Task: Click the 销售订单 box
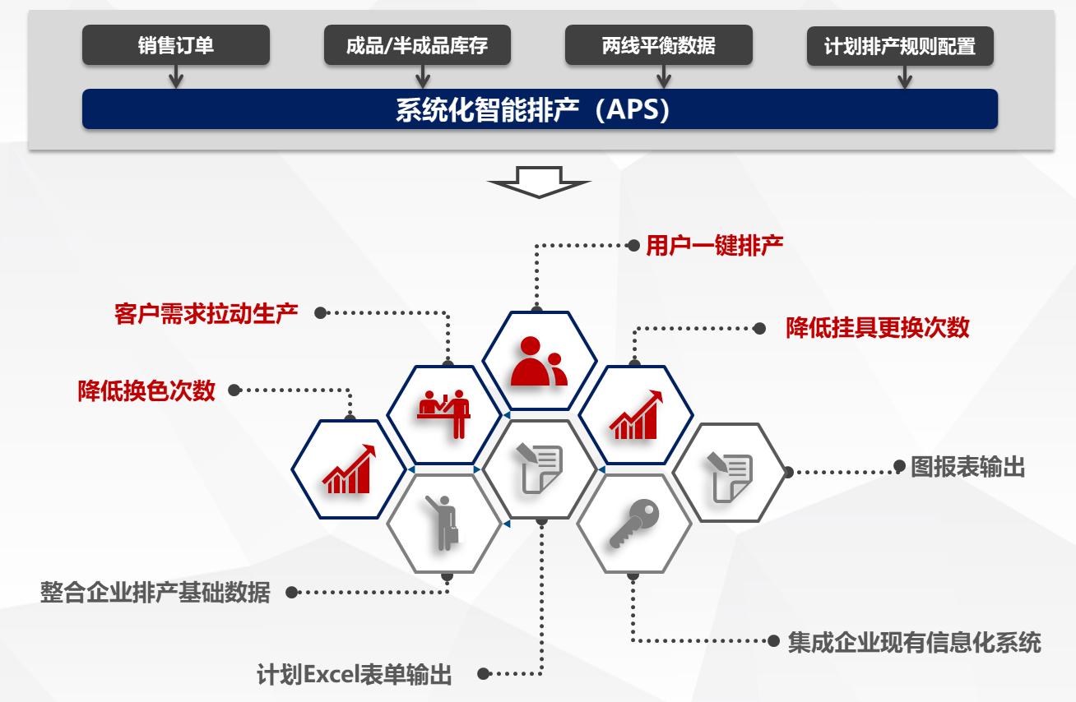(x=175, y=45)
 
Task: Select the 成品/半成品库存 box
(x=417, y=45)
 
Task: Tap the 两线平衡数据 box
(x=658, y=45)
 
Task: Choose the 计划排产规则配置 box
(x=900, y=46)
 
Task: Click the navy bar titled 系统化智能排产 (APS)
(x=540, y=110)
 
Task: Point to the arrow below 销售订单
(x=175, y=77)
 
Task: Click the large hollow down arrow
(x=539, y=182)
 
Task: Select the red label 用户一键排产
(x=714, y=245)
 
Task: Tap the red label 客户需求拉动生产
(x=206, y=313)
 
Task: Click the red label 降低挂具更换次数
(x=878, y=328)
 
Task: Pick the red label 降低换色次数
(x=146, y=390)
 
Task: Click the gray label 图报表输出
(x=968, y=468)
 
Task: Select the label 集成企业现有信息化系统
(x=914, y=641)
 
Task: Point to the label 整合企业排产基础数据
(x=155, y=592)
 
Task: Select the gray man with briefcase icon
(x=444, y=523)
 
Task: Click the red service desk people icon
(x=443, y=413)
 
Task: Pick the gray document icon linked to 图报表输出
(x=729, y=473)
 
